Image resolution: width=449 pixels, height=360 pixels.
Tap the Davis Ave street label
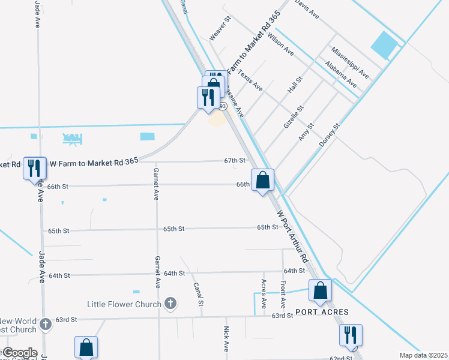point(307,8)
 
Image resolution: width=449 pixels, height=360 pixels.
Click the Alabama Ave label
point(340,74)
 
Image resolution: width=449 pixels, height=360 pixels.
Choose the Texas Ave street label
point(250,80)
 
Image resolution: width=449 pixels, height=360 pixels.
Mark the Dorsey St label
point(330,136)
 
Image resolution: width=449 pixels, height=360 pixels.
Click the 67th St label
point(235,161)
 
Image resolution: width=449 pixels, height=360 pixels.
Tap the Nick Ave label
point(226,338)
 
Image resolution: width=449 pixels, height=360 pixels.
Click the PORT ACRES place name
point(318,313)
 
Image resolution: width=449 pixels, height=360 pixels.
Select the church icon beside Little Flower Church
point(170,304)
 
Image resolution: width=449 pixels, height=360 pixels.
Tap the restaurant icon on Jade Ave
point(33,167)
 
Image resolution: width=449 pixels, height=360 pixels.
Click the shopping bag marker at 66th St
point(263,180)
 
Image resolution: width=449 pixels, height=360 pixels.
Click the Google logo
point(20,353)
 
